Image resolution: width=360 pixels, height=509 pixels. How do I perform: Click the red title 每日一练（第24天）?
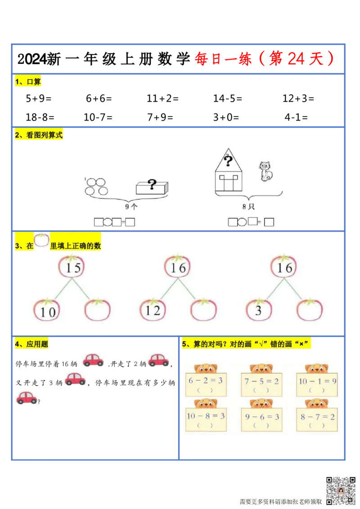265,59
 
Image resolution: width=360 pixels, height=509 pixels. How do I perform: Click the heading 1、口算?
28,82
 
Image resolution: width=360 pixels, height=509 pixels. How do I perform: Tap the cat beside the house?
265,171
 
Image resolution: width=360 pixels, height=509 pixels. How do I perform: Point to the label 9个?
130,207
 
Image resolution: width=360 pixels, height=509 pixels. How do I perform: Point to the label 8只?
248,207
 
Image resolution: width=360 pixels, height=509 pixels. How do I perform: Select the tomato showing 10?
47,311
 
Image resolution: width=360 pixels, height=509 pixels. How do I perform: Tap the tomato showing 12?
153,310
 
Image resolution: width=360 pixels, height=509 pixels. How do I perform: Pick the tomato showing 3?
259,310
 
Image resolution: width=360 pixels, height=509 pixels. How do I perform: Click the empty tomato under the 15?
98,310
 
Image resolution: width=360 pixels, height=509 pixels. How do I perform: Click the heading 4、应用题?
31,344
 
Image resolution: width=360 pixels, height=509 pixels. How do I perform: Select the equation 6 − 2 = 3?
205,380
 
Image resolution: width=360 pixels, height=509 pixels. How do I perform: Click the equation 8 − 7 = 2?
317,417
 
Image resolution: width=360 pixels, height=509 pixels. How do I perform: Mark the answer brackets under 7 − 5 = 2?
261,390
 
